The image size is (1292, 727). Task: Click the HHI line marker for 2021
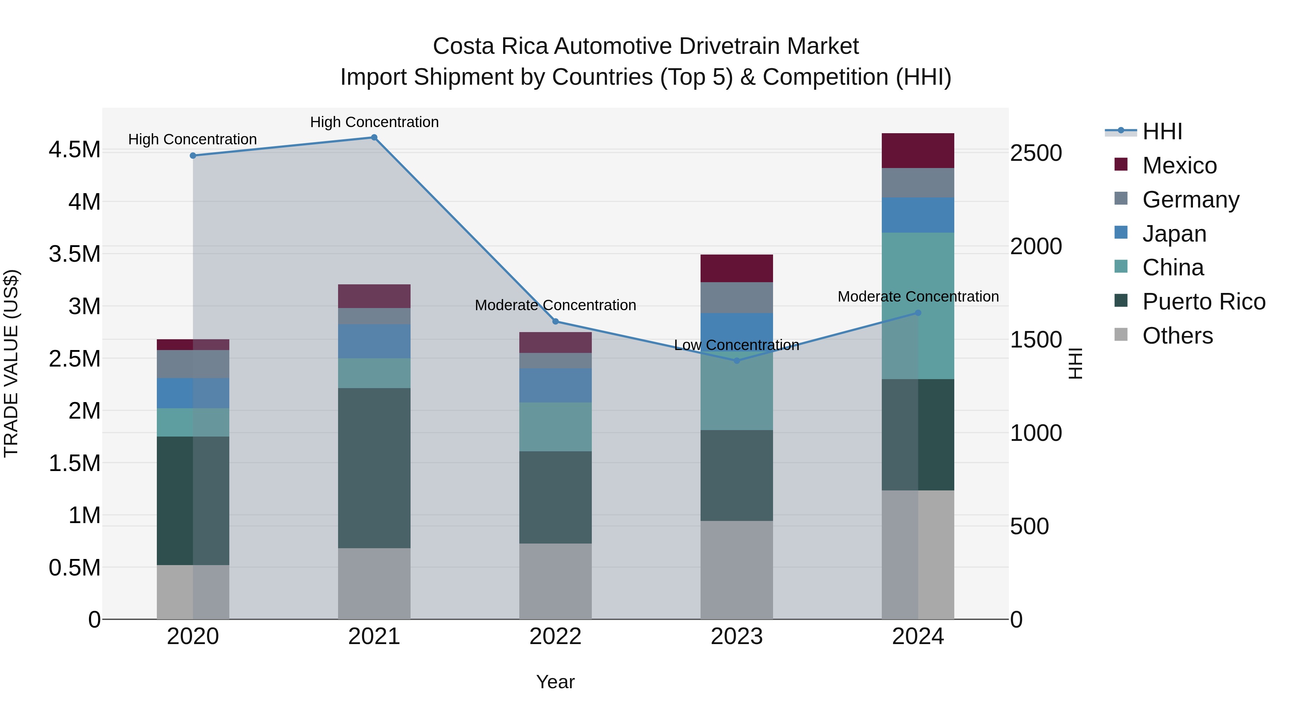click(x=374, y=138)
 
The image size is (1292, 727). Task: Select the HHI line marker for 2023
click(x=737, y=361)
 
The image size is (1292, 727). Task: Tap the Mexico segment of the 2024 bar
click(x=918, y=150)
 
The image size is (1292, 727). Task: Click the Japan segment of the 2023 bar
click(x=737, y=331)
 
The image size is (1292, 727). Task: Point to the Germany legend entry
click(x=1191, y=200)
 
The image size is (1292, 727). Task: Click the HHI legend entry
click(x=1162, y=131)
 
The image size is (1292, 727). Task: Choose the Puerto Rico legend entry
click(x=1204, y=302)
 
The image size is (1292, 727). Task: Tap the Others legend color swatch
click(x=1121, y=335)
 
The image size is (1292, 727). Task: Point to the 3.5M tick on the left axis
click(x=74, y=254)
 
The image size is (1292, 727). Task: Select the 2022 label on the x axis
click(x=555, y=637)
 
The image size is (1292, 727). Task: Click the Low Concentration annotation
click(x=736, y=345)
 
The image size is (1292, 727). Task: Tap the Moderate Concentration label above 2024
click(x=918, y=297)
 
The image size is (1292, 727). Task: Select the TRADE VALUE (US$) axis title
click(x=11, y=363)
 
